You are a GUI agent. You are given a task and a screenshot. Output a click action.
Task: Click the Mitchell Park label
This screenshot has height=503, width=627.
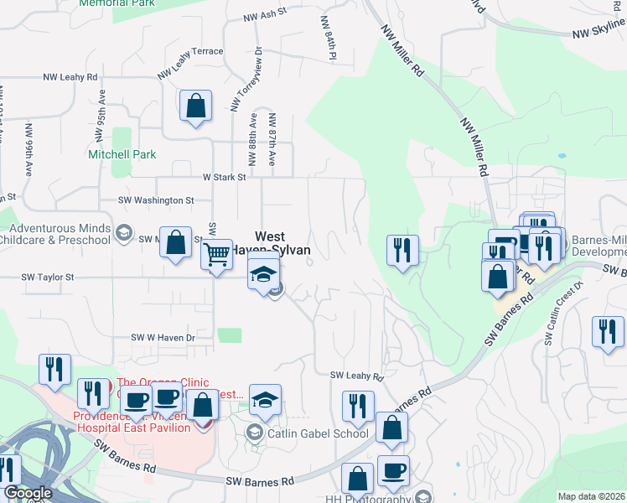(122, 155)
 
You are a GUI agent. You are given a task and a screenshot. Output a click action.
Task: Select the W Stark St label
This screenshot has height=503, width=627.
(224, 178)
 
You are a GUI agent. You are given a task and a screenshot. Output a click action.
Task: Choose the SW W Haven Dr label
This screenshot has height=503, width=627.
(163, 337)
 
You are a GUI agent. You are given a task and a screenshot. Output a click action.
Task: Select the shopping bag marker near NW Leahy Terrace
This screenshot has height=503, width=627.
(195, 106)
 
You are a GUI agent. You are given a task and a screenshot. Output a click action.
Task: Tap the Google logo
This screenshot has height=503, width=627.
(27, 494)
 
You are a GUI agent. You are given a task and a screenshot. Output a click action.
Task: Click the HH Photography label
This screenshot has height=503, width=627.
(376, 499)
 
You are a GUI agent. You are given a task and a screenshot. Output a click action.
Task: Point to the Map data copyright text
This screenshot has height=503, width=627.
(591, 496)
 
